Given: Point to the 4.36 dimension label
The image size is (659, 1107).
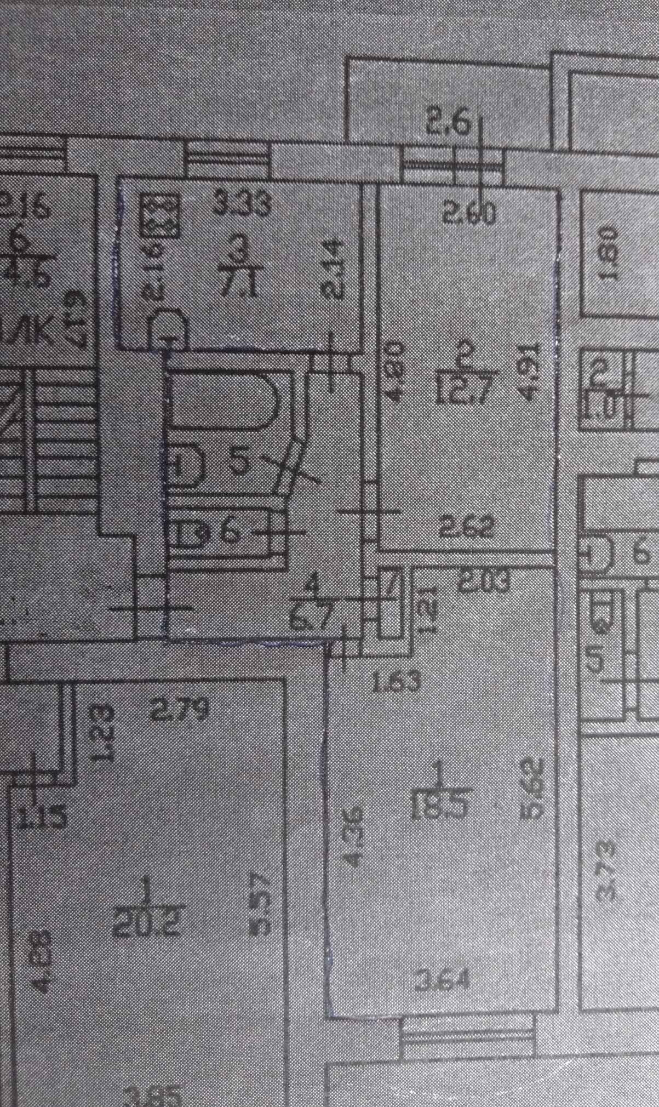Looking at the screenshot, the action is [354, 838].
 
